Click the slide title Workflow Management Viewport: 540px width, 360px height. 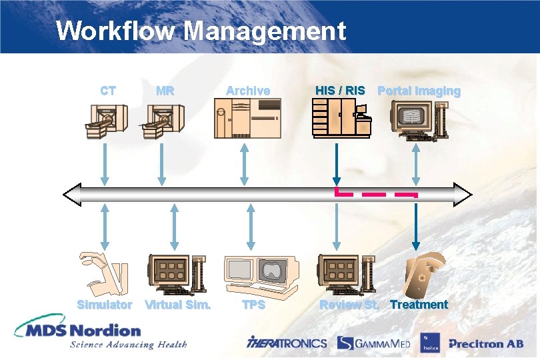point(201,31)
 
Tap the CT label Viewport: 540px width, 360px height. point(107,91)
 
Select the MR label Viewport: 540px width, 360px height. point(165,91)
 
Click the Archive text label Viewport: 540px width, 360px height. point(248,91)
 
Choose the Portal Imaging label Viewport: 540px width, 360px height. point(419,91)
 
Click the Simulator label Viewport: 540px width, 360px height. point(105,305)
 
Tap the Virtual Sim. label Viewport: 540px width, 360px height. point(178,305)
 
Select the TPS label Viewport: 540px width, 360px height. point(253,305)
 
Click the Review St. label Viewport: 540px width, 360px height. point(349,305)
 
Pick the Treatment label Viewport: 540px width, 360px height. point(419,305)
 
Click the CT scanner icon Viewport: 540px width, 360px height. point(106,121)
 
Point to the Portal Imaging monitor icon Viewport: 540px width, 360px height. point(416,119)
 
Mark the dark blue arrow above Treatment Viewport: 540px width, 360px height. point(416,227)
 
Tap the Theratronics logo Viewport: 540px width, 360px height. point(287,343)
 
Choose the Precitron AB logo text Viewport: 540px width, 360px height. point(485,344)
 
